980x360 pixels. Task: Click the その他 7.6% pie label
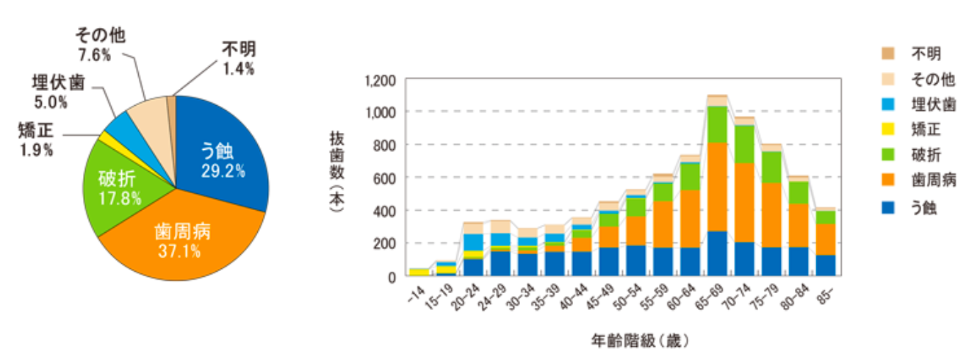point(98,44)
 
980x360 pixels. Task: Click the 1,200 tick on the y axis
point(380,79)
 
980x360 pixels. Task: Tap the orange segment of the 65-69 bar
point(717,187)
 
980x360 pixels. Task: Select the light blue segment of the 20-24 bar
point(472,241)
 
